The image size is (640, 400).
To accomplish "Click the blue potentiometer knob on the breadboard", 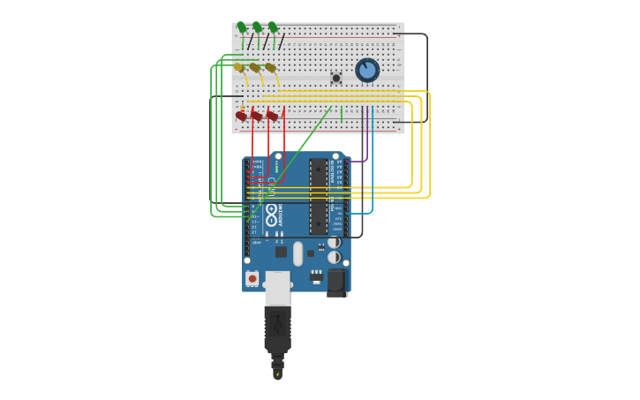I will click(367, 70).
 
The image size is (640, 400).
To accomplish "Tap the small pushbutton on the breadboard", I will click(336, 79).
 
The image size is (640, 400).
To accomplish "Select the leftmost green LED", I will click(241, 27).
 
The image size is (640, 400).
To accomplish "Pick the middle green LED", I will click(257, 27).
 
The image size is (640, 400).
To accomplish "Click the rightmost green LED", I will click(273, 27).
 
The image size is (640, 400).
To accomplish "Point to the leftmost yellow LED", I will click(238, 67).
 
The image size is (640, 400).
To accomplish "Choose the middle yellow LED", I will click(254, 67).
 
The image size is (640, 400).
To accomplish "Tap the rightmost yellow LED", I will click(270, 67).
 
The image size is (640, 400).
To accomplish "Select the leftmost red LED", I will click(241, 116).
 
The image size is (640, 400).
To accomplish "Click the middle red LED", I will click(257, 116).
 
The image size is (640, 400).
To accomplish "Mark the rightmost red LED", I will click(273, 116).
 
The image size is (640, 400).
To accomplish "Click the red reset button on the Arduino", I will click(252, 278).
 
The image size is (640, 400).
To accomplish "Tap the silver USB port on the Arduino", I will click(277, 288).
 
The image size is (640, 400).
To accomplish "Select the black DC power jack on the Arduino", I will click(337, 283).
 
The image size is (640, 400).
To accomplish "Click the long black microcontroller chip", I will click(318, 196).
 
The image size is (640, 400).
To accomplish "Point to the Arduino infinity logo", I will click(271, 213).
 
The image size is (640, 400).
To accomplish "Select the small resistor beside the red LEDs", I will click(243, 107).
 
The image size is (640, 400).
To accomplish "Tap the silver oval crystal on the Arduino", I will click(298, 253).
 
